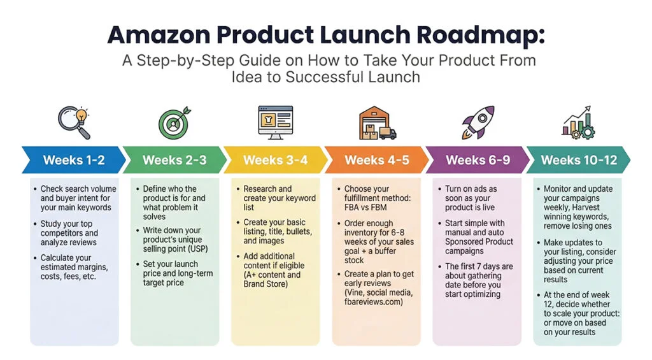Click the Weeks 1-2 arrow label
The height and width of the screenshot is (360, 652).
click(x=74, y=160)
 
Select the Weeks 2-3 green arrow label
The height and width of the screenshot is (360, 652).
click(x=174, y=160)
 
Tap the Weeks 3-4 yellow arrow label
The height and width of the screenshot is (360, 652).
click(x=275, y=160)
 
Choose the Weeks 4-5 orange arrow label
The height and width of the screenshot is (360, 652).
click(x=376, y=160)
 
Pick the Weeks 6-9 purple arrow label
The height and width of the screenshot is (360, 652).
click(x=478, y=160)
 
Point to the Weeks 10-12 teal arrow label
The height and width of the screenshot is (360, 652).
click(x=579, y=160)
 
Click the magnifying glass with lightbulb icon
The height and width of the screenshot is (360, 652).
click(x=74, y=122)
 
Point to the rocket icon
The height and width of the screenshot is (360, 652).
click(x=477, y=122)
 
